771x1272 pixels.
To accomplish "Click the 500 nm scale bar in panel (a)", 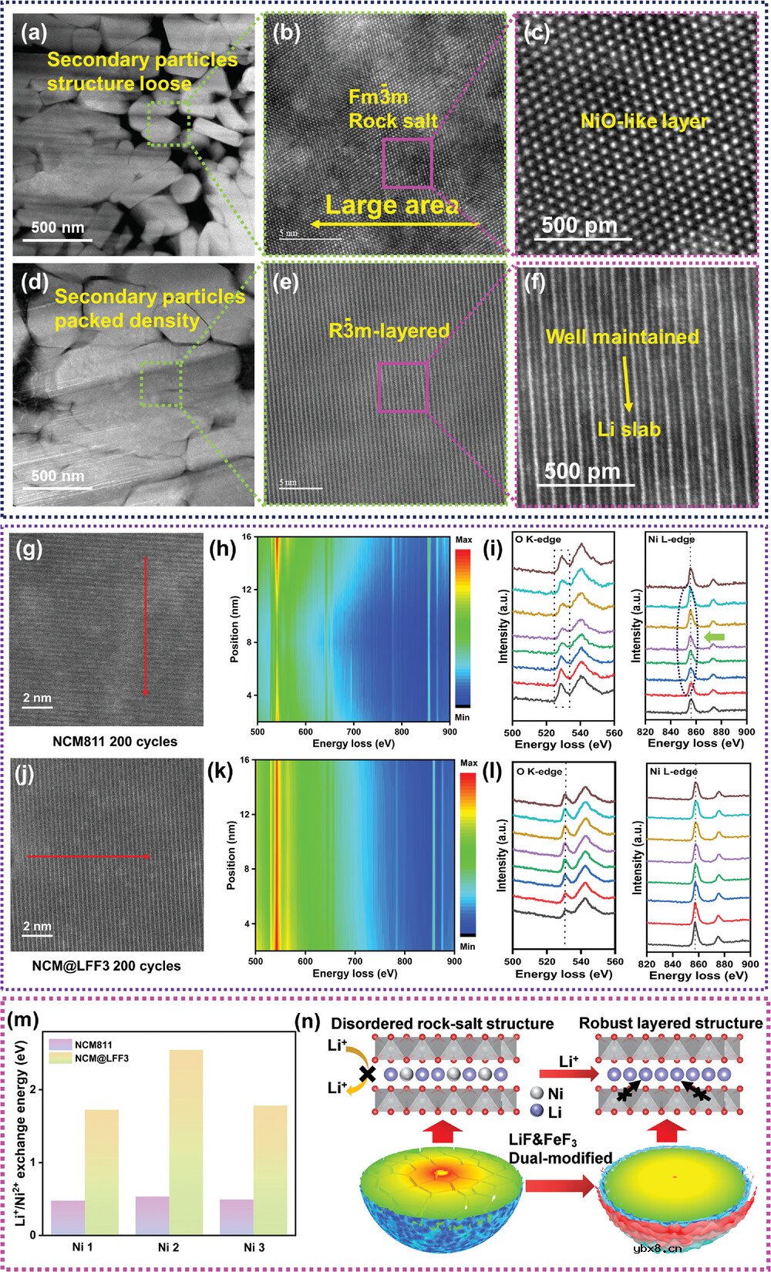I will pyautogui.click(x=57, y=240).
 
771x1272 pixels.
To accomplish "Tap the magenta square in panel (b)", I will pyautogui.click(x=407, y=163).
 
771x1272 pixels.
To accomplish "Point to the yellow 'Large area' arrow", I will pyautogui.click(x=393, y=224).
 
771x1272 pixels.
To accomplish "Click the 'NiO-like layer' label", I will pyautogui.click(x=644, y=121).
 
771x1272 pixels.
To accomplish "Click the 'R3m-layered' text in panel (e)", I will pyautogui.click(x=389, y=331).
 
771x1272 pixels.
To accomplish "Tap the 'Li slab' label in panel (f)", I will pyautogui.click(x=629, y=429).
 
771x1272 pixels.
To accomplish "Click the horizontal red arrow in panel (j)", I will pyautogui.click(x=89, y=856).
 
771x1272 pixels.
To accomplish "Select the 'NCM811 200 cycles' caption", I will pyautogui.click(x=115, y=742).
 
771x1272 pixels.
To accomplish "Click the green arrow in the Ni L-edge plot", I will pyautogui.click(x=715, y=635).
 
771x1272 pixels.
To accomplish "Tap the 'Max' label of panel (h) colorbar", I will pyautogui.click(x=463, y=540).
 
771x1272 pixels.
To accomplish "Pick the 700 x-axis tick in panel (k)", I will pyautogui.click(x=355, y=961).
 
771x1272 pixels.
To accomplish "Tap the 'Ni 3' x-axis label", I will pyautogui.click(x=254, y=1247).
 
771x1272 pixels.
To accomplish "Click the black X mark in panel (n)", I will pyautogui.click(x=368, y=1072).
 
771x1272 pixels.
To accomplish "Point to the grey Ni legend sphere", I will pyautogui.click(x=537, y=1093).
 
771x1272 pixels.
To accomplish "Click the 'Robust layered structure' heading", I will pyautogui.click(x=671, y=1023).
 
